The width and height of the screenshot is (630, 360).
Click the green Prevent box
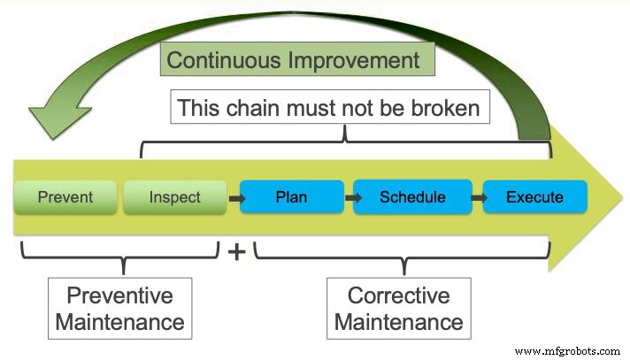click(x=65, y=196)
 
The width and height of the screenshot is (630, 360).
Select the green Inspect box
click(x=174, y=196)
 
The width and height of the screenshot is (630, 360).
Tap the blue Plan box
click(x=291, y=196)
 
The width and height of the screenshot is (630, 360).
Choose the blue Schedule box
click(x=412, y=196)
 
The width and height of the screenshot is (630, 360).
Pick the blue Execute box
click(x=534, y=196)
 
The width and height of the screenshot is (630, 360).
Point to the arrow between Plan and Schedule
click(x=352, y=197)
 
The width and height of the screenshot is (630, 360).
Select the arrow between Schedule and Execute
click(x=475, y=197)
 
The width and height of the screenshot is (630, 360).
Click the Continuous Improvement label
click(x=293, y=60)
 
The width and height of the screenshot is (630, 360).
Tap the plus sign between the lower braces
click(x=236, y=252)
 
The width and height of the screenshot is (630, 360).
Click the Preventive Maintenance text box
click(x=120, y=308)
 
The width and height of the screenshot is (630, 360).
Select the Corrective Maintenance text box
click(x=398, y=308)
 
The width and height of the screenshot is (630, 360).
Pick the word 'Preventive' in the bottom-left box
click(x=120, y=295)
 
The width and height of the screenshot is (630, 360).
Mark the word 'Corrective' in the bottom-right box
click(x=398, y=295)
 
